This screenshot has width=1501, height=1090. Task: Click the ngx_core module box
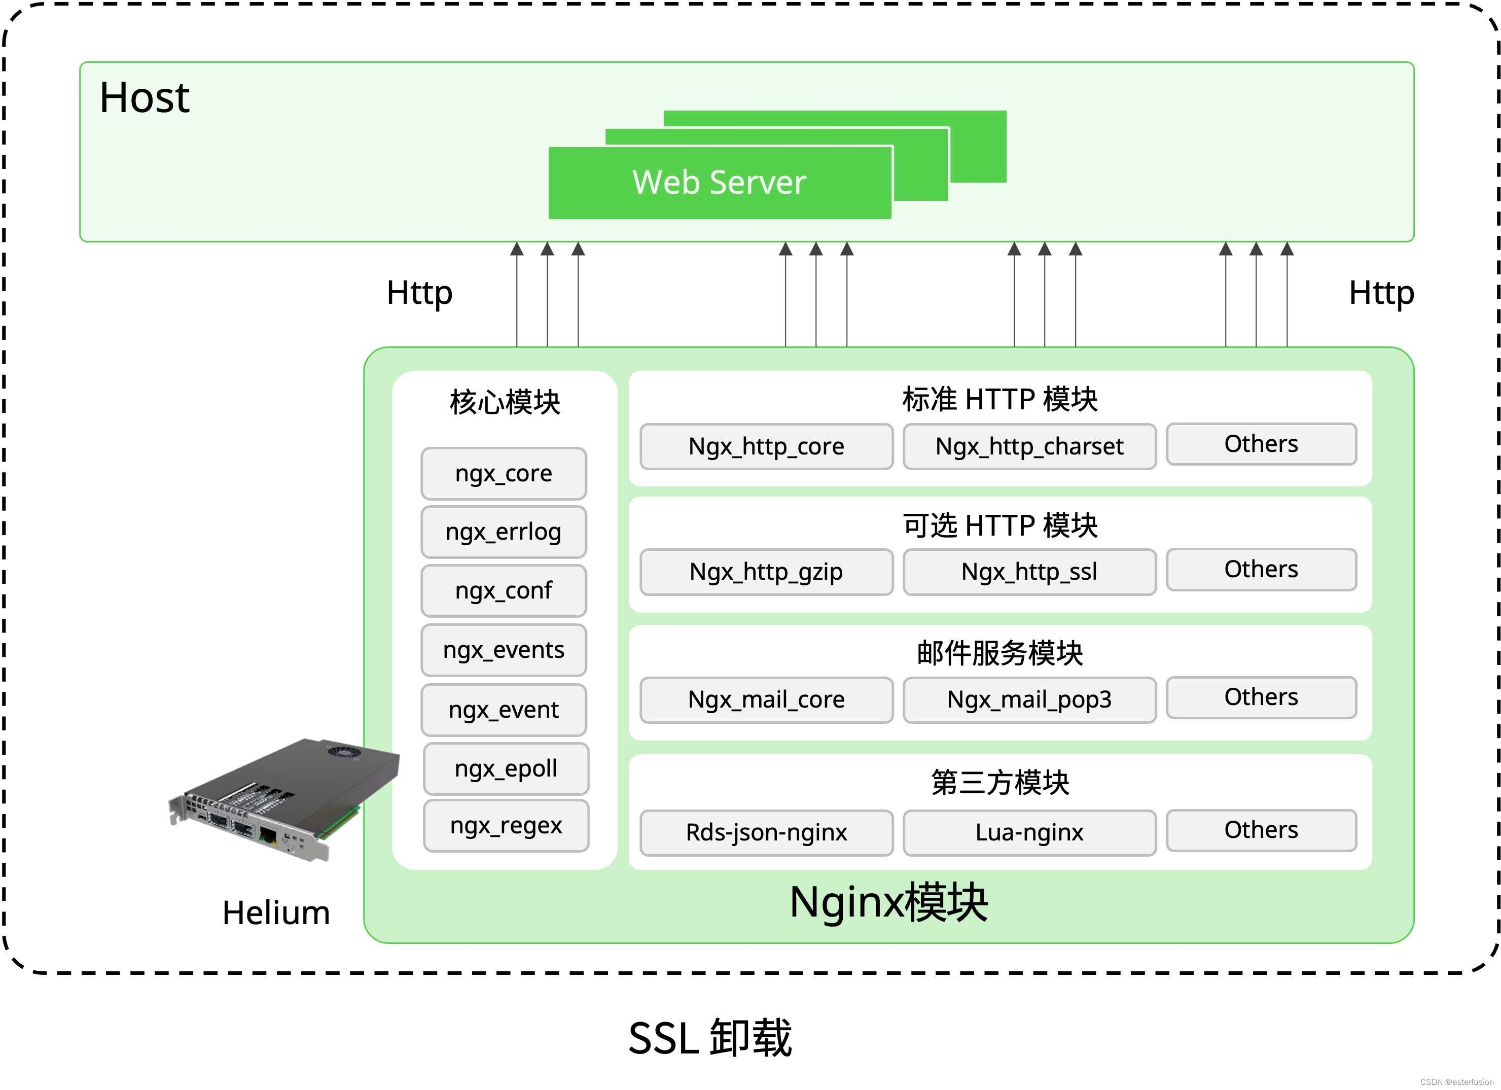(504, 474)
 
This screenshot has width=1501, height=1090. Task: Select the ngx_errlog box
(504, 532)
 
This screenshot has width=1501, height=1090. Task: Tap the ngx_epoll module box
(506, 768)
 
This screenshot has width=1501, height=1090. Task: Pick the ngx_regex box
(506, 825)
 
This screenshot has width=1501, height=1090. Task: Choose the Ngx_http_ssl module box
(1029, 572)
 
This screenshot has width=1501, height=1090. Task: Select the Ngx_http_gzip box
(766, 572)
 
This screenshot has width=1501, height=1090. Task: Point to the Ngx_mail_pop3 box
(1029, 699)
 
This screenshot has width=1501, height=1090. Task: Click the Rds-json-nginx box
(766, 832)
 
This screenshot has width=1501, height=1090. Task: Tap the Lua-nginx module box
(1029, 832)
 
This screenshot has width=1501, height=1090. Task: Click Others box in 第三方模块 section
(1261, 830)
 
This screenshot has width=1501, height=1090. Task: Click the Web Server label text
(720, 183)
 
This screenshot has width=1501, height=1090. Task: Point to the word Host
(145, 98)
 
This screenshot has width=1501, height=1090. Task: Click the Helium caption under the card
(276, 913)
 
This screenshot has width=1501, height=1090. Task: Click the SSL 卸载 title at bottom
(709, 1038)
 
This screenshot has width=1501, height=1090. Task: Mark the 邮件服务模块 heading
(999, 653)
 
